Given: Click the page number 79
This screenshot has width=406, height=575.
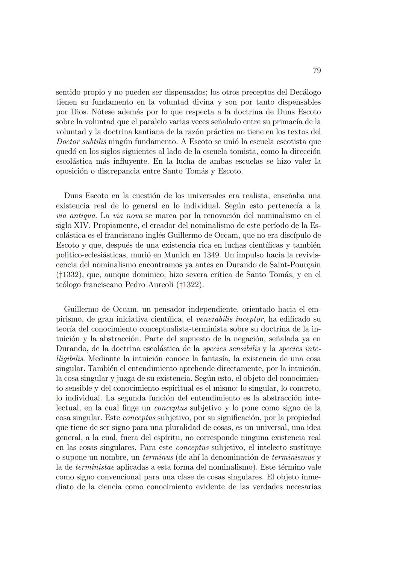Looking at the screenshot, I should click(x=317, y=71).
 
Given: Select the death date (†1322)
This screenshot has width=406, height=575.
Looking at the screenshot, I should click(x=190, y=284).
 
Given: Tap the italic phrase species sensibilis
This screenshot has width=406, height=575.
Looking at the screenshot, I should click(x=231, y=349).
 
